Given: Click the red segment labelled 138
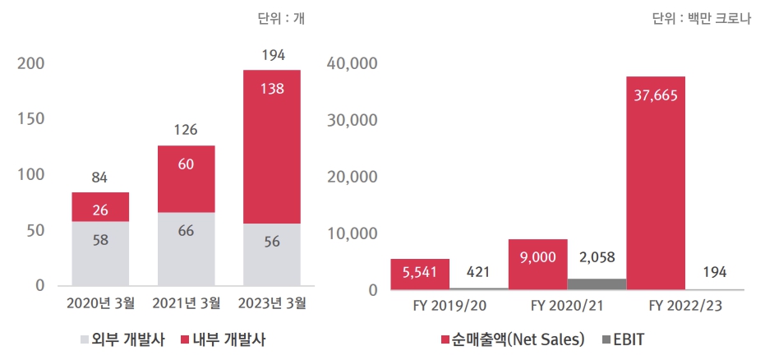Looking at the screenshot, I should [271, 146].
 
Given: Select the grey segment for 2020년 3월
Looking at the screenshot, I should [100, 253].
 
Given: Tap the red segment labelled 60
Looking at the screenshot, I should [186, 179].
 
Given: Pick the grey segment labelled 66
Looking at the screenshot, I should [186, 249].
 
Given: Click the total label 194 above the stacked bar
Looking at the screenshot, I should [272, 56].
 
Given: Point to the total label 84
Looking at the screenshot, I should [100, 177].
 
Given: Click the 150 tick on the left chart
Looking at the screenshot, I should [32, 119].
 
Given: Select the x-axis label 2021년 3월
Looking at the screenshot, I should [187, 303].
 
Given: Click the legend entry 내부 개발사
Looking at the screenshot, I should [224, 339].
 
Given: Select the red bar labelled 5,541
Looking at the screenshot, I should [419, 275].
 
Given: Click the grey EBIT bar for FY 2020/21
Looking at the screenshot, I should [597, 284].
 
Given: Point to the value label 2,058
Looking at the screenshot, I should [597, 258].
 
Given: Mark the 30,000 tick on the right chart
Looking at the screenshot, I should [351, 119].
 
